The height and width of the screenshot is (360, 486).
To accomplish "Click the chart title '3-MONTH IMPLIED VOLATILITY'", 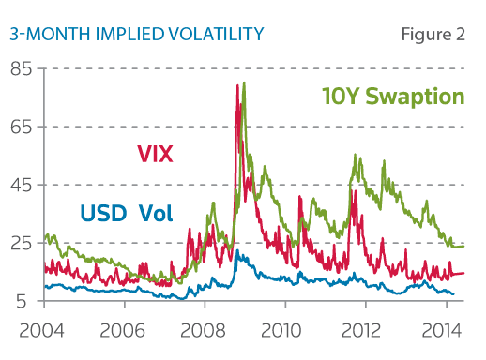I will tap(136, 35).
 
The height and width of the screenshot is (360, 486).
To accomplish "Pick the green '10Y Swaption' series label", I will tap(393, 97).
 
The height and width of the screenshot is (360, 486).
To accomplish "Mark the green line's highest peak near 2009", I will tap(244, 82).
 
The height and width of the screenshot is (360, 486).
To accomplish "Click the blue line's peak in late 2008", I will tap(237, 252).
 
